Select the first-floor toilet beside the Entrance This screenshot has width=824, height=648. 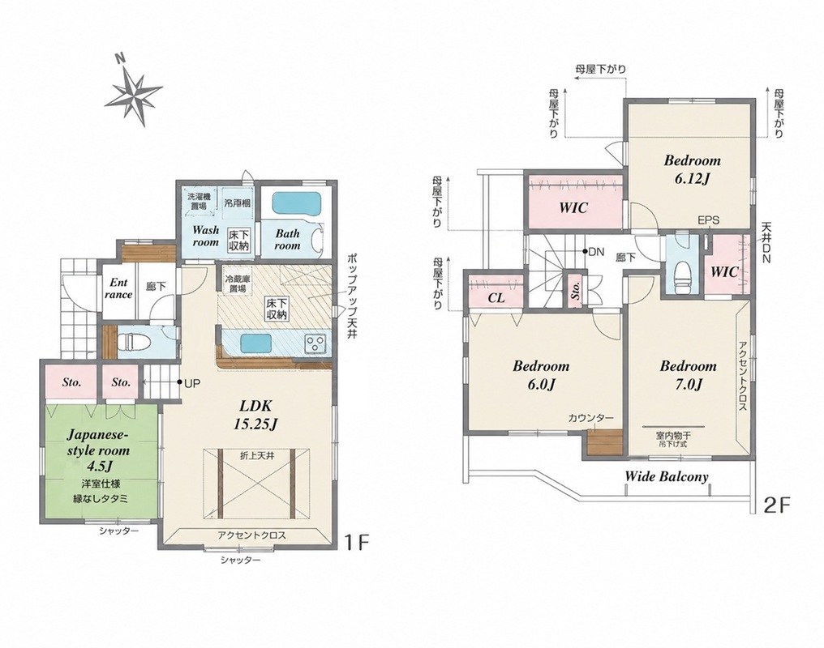pos(135,343)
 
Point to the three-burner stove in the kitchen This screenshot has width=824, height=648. pos(315,344)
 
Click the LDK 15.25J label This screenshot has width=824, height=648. pos(255,415)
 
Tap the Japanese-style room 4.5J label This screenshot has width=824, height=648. pos(98,450)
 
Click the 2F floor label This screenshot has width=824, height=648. pos(777,505)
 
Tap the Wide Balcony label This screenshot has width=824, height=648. pos(667,476)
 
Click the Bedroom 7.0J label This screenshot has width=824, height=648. pos(688,375)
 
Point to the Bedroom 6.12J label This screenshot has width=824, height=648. pos(692,169)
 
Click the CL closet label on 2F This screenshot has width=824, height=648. pos(496,298)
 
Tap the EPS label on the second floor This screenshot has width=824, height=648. pos(708,221)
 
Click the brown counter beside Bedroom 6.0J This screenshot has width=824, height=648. pos(604,442)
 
